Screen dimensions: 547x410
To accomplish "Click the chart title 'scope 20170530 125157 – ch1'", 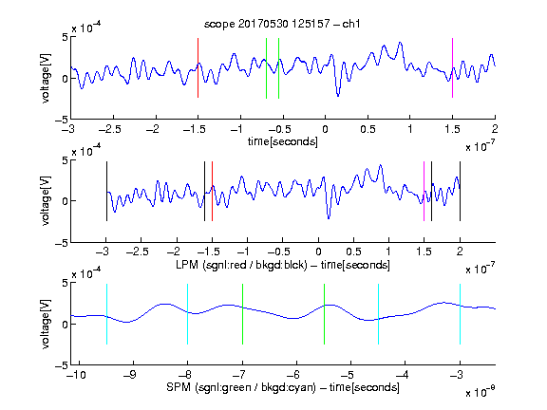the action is point(282,24).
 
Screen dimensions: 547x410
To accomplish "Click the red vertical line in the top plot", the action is point(198,68).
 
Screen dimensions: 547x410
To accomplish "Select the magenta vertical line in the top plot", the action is point(452,68).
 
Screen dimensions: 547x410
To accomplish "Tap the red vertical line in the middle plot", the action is point(212,191).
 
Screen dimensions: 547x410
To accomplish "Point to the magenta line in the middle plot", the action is point(424,191).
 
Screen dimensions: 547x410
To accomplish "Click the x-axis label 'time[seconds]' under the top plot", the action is point(283,141).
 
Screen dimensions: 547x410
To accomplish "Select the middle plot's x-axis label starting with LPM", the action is point(283,265).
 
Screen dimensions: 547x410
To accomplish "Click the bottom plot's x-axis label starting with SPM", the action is point(283,387).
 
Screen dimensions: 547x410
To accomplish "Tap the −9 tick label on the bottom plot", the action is point(130,375).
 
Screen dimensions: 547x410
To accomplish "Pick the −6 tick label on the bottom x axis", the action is point(293,375).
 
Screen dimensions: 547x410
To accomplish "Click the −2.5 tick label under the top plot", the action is point(110,129).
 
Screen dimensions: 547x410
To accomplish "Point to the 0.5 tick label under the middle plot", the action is point(353,252).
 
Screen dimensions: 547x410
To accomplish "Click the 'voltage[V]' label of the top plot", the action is point(46,78).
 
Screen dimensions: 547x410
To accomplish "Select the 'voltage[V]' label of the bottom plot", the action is point(46,324).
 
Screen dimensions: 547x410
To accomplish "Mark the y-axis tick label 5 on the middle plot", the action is point(65,160).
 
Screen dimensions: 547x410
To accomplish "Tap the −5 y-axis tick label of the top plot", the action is point(62,120).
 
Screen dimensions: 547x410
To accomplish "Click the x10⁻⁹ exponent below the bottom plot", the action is point(481,392).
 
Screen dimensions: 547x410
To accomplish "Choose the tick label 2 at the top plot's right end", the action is point(495,129).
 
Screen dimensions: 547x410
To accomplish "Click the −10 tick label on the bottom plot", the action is point(76,375).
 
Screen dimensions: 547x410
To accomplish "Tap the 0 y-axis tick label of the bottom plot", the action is point(65,325).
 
